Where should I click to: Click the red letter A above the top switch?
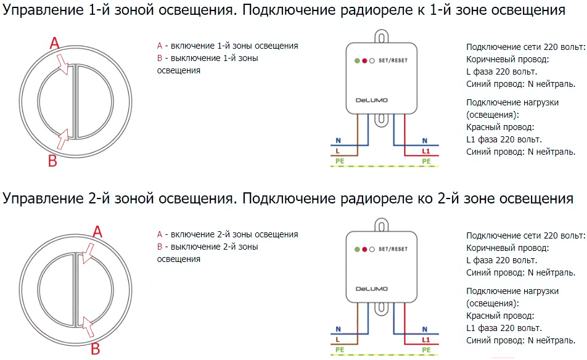coord(55,43)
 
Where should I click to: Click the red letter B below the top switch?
coord(53,161)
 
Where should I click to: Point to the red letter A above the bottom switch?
coord(97,232)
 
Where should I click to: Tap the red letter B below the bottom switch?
coord(96,349)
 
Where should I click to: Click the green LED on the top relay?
coord(357,60)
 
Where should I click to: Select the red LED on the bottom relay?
coord(364,249)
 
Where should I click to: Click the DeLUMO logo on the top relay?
coord(371,100)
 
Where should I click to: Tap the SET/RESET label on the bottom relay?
coord(393,249)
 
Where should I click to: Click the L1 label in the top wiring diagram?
coord(426,151)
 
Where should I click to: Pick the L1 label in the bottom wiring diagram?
coord(426,340)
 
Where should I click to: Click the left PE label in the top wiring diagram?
coord(340,161)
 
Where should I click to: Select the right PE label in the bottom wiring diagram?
coord(426,350)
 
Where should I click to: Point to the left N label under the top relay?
coord(338,141)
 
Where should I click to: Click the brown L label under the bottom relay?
coord(338,340)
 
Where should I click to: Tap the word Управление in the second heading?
coord(43,198)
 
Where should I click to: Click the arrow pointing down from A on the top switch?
coord(62,64)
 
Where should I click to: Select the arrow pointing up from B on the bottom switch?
coord(88,327)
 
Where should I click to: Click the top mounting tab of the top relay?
coord(381,36)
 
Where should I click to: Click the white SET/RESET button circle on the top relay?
coord(372,60)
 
